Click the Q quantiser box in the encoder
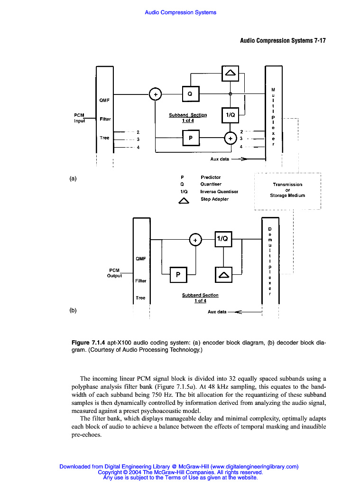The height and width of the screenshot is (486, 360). [x=190, y=94]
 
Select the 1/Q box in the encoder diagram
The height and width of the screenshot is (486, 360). [x=230, y=114]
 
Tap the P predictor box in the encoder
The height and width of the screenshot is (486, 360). [x=190, y=138]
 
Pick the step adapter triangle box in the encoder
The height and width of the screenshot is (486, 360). [x=230, y=73]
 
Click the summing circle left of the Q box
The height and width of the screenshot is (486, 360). [x=155, y=94]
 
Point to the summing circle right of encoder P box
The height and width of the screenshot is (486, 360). [x=230, y=138]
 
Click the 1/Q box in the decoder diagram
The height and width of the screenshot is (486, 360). [x=223, y=240]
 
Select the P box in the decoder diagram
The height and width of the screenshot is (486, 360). [x=178, y=274]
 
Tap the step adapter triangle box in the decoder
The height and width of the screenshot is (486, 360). [x=223, y=274]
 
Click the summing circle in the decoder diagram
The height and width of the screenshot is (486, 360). [x=195, y=240]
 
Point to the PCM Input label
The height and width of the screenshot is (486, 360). [x=79, y=118]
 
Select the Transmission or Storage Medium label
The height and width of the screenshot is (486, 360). [x=287, y=190]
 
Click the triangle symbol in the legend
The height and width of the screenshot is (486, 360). [x=184, y=200]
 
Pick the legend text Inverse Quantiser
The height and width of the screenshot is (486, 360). [x=219, y=192]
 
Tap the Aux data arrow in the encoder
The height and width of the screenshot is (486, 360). [x=240, y=159]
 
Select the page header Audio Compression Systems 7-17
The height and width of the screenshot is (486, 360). [x=283, y=41]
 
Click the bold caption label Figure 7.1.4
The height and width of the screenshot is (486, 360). [x=88, y=342]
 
